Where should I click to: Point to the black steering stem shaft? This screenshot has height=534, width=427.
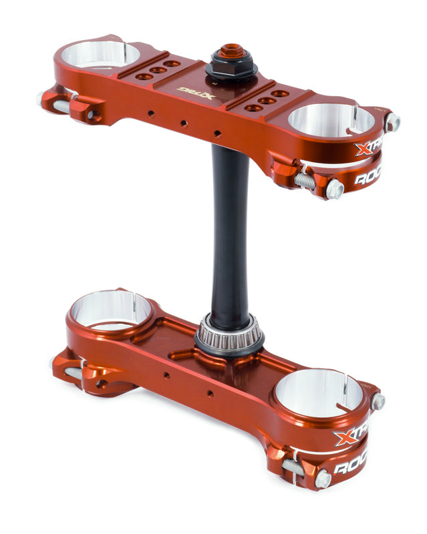coord(229,227)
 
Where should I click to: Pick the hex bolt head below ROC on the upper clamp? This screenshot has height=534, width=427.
coord(334,190)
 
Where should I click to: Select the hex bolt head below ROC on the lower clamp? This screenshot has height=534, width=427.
coord(322,479)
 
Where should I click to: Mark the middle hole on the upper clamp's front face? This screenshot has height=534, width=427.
coord(183,123)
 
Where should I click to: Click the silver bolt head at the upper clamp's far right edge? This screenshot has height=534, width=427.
coord(393,122)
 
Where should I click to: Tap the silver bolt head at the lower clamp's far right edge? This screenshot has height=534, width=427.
coord(378,401)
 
